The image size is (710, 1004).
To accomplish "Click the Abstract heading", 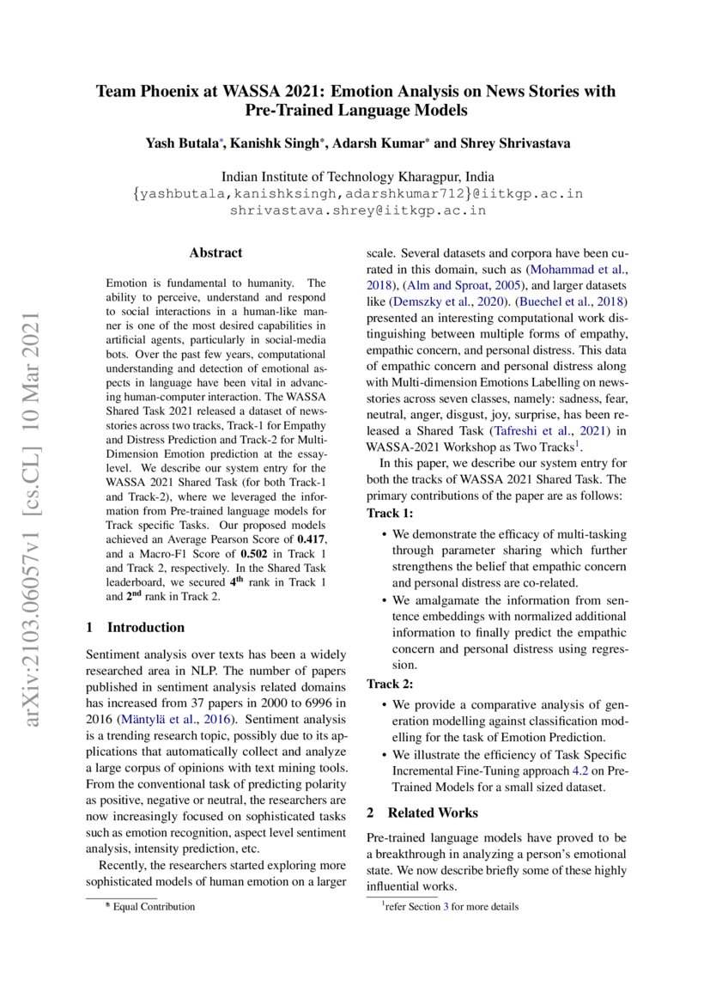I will (x=215, y=253).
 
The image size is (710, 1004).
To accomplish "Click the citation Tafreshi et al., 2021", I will (x=535, y=430).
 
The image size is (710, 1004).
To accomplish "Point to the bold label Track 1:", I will (x=390, y=513).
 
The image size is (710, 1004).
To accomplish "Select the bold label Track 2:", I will (x=390, y=685).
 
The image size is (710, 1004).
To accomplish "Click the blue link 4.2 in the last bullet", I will (x=580, y=770).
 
